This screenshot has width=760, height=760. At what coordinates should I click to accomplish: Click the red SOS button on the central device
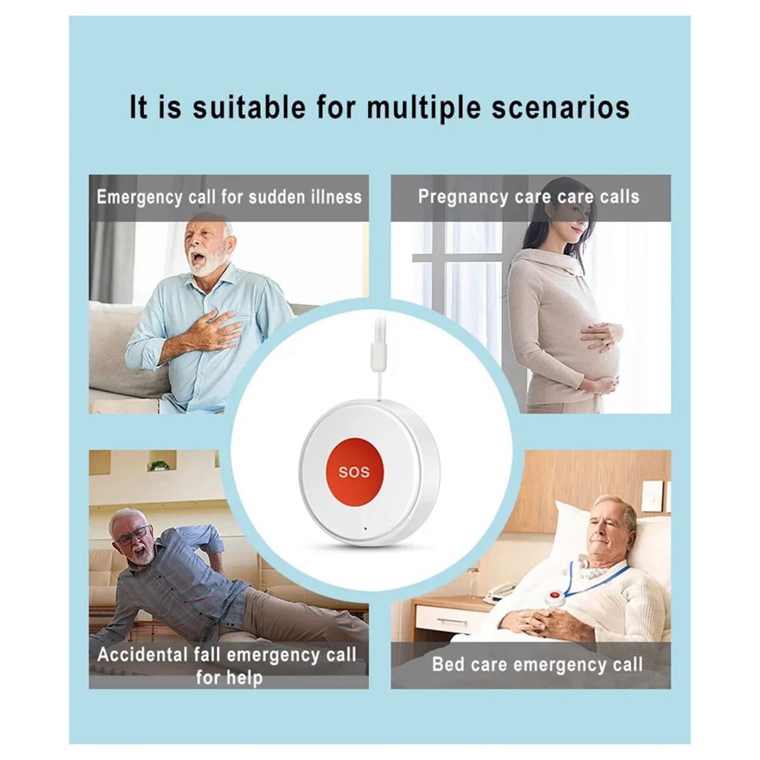(353, 471)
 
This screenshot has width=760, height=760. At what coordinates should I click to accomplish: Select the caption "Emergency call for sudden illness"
(229, 197)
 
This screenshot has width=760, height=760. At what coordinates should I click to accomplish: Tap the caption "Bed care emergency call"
(537, 664)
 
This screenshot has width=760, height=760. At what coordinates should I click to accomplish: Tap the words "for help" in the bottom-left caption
(229, 678)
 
